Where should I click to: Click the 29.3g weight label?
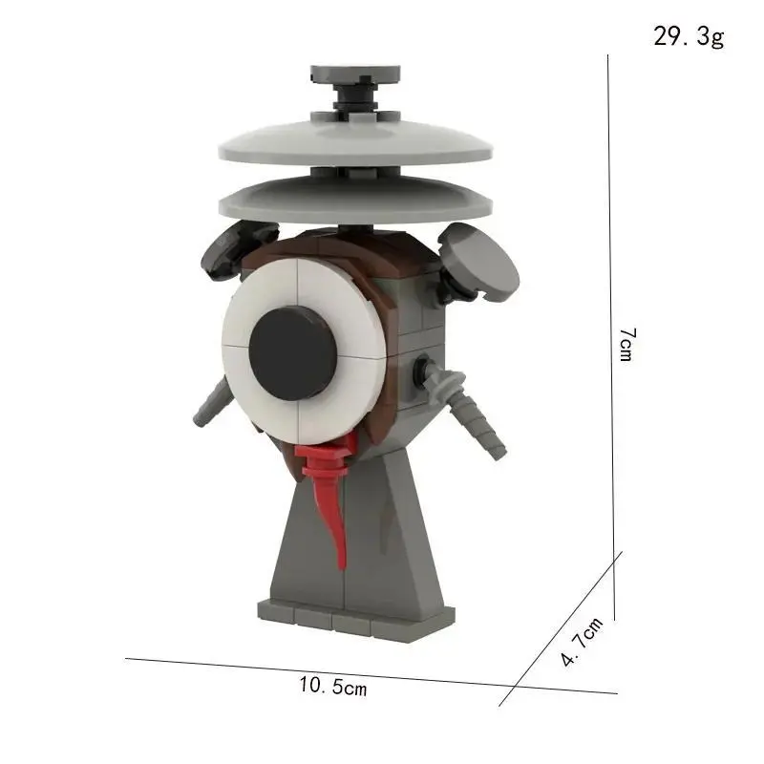click(689, 36)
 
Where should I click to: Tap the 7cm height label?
click(626, 345)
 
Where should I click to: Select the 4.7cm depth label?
click(582, 641)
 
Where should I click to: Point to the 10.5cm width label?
click(332, 686)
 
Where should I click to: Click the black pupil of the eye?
click(293, 353)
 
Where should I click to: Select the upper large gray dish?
click(355, 140)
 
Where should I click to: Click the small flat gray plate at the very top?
click(355, 74)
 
